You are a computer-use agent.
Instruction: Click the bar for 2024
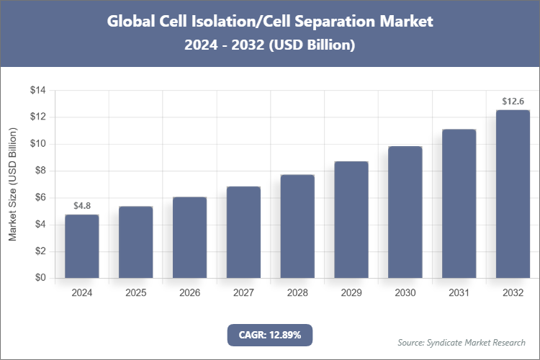[x=82, y=246]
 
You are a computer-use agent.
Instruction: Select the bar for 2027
[x=243, y=232]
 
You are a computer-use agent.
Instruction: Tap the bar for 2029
[x=351, y=220]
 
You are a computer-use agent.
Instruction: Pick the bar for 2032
[x=513, y=194]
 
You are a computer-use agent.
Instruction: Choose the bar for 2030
[x=405, y=212]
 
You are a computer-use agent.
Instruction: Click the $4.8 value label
[x=82, y=206]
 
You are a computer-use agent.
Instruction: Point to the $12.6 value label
[x=513, y=102]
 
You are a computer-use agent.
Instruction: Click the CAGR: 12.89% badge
[x=270, y=335]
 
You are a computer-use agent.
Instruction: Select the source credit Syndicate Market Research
[x=462, y=342]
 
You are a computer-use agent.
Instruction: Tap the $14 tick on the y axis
[x=37, y=90]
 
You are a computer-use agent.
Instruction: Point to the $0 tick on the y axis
[x=40, y=278]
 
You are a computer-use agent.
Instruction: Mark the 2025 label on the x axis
[x=136, y=293]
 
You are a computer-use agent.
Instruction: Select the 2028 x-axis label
[x=297, y=293]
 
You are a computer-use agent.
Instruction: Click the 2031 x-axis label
[x=459, y=293]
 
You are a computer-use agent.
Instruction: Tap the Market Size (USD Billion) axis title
[x=12, y=184]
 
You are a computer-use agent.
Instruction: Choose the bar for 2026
[x=189, y=237]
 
